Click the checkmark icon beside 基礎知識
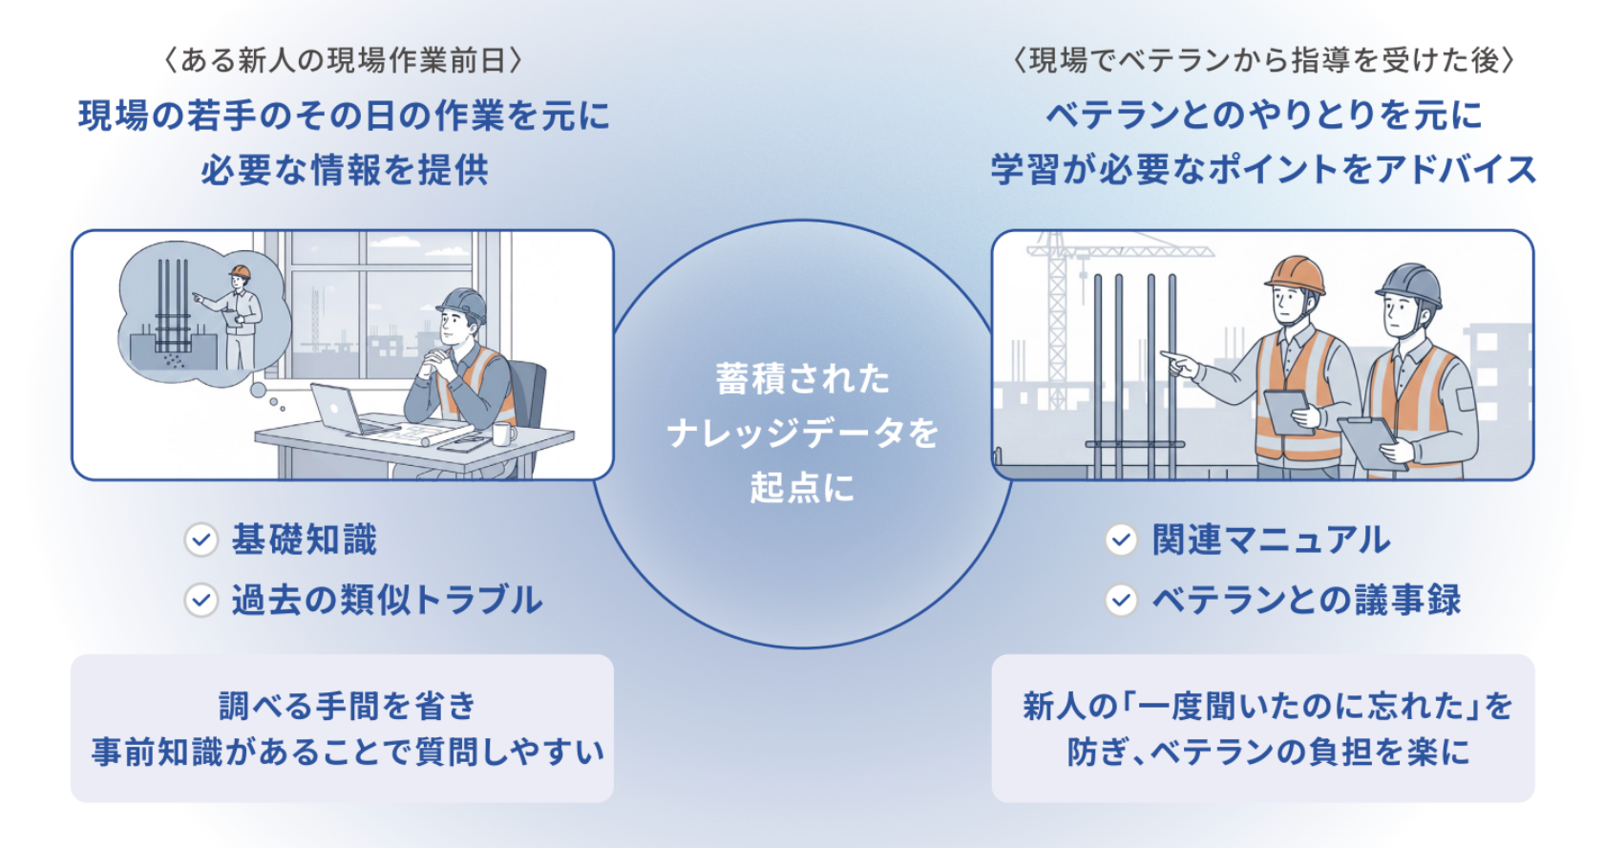tap(201, 541)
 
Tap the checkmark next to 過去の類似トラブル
tap(201, 600)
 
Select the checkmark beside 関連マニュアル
tap(1121, 541)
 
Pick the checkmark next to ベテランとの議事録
tap(1121, 600)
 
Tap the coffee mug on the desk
tap(503, 434)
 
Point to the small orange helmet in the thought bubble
tap(240, 271)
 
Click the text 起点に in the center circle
tap(803, 488)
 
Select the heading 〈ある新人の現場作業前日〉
tap(343, 60)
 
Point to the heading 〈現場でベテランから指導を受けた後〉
tap(1264, 60)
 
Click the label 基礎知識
tap(305, 541)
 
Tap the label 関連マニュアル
tap(1272, 541)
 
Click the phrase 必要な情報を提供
tap(345, 170)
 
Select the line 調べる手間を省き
tap(348, 707)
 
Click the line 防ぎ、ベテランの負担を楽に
tap(1268, 753)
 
